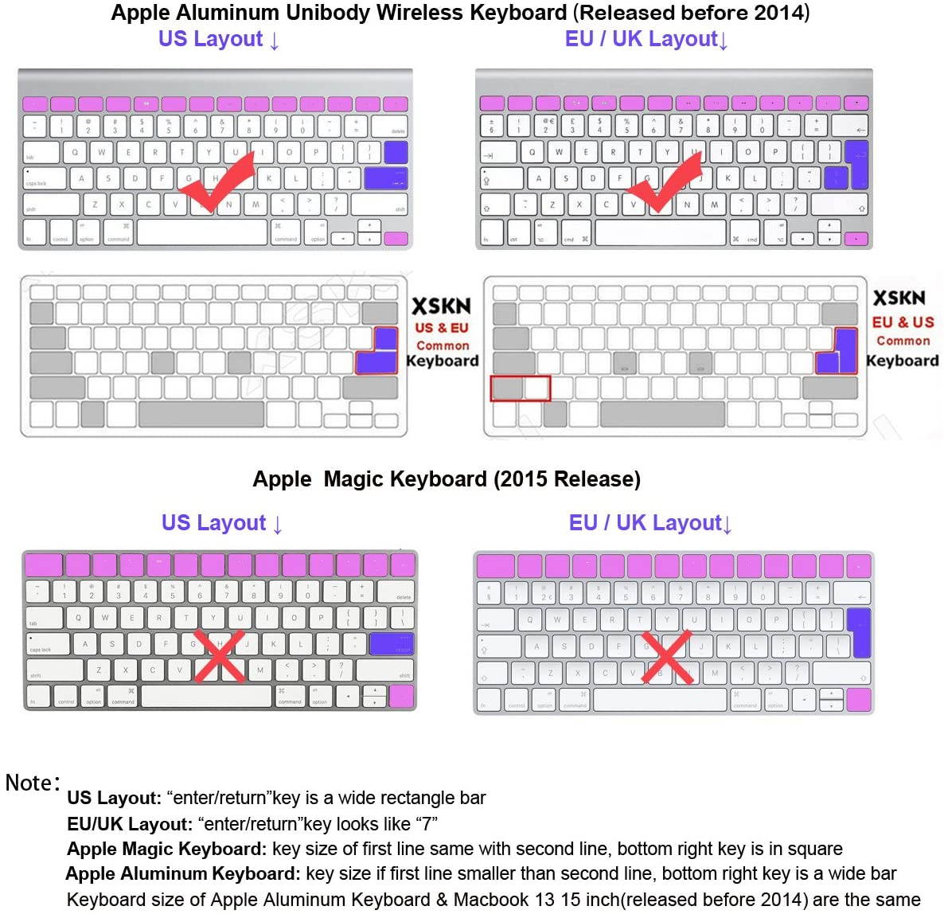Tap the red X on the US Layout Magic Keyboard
pyautogui.click(x=219, y=655)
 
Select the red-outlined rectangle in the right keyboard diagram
pyautogui.click(x=520, y=389)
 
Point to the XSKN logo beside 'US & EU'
pyautogui.click(x=441, y=307)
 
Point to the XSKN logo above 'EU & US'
pyautogui.click(x=899, y=299)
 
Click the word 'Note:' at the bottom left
pyautogui.click(x=33, y=783)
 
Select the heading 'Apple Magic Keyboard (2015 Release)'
pyautogui.click(x=447, y=479)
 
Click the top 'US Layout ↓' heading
pyautogui.click(x=218, y=39)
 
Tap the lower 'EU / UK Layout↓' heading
pyautogui.click(x=649, y=523)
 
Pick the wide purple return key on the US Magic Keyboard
pyautogui.click(x=392, y=644)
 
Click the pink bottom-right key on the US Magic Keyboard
pyautogui.click(x=401, y=697)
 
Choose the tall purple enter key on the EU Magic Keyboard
pyautogui.click(x=858, y=632)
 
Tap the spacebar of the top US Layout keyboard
pyautogui.click(x=202, y=232)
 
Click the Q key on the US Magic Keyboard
pyautogui.click(x=78, y=617)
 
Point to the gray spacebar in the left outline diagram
pyautogui.click(x=201, y=414)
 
